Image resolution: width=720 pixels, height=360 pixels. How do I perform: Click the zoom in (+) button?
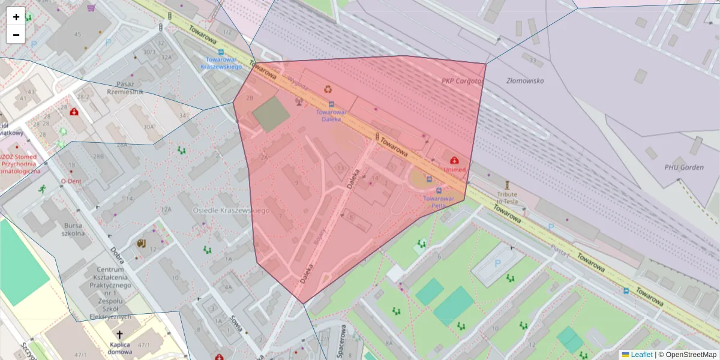pyautogui.click(x=16, y=17)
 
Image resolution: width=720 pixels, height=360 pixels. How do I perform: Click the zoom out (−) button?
pyautogui.click(x=16, y=35)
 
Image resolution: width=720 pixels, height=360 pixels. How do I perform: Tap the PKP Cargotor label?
pyautogui.click(x=463, y=81)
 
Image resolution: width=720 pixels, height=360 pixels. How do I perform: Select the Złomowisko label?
pyautogui.click(x=525, y=80)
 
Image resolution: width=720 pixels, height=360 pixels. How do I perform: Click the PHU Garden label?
pyautogui.click(x=684, y=167)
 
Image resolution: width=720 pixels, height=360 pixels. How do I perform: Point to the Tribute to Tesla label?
pyautogui.click(x=507, y=199)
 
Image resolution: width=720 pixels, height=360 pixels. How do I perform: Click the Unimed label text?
pyautogui.click(x=455, y=170)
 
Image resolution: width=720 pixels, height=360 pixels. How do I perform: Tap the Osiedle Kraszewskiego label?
pyautogui.click(x=231, y=211)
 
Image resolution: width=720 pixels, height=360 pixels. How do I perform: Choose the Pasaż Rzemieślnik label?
pyautogui.click(x=125, y=88)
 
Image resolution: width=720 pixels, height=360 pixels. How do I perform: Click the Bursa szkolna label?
pyautogui.click(x=73, y=229)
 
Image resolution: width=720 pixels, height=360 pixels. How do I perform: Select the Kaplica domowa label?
pyautogui.click(x=120, y=348)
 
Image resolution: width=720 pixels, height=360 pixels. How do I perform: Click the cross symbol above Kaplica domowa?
pyautogui.click(x=119, y=335)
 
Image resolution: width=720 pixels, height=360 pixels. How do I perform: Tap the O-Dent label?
pyautogui.click(x=71, y=180)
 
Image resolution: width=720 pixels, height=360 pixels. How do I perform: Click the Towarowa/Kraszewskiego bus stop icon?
pyautogui.click(x=221, y=52)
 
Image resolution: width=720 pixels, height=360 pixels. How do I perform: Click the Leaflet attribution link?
pyautogui.click(x=641, y=355)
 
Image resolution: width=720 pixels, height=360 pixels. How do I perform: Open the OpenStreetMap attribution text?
pyautogui.click(x=691, y=355)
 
